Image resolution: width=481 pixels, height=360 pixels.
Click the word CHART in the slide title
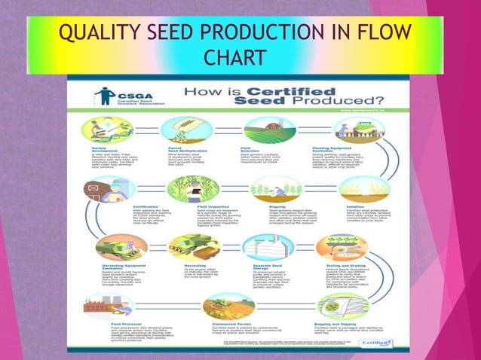click(x=235, y=58)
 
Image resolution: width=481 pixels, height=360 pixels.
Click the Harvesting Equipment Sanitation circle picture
click(x=120, y=247)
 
